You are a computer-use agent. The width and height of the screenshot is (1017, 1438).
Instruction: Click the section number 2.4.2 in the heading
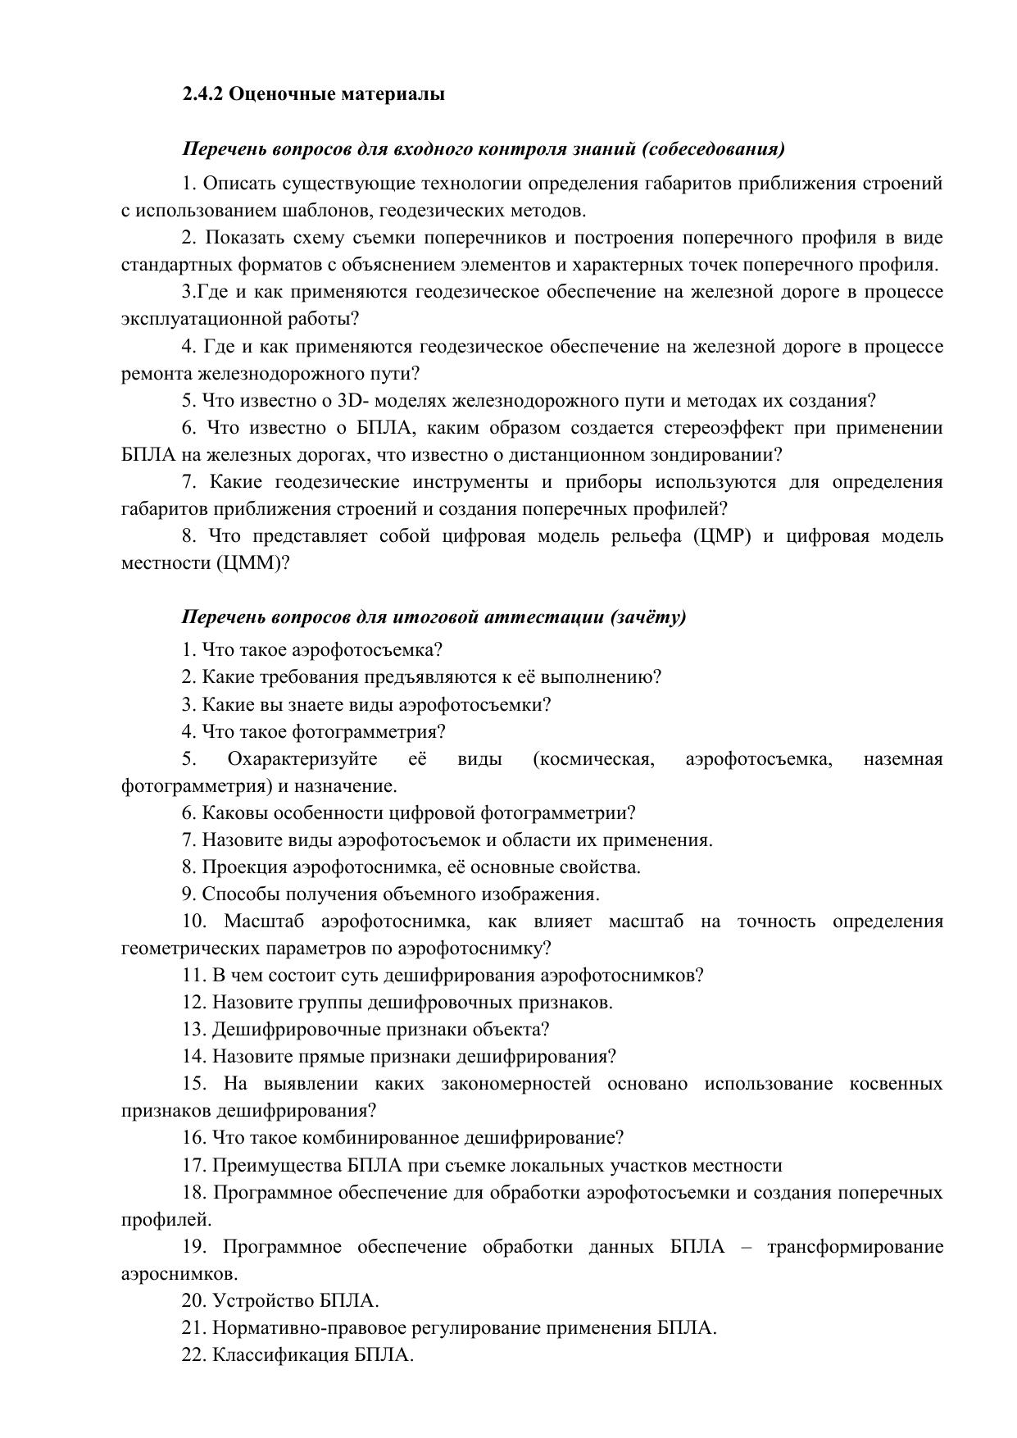coord(202,94)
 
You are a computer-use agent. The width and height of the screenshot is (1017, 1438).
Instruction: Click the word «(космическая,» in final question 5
coord(593,759)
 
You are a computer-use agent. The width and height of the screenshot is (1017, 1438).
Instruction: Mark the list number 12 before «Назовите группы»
coord(193,1003)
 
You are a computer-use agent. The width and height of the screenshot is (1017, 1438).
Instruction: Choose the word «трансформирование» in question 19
coord(855,1248)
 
